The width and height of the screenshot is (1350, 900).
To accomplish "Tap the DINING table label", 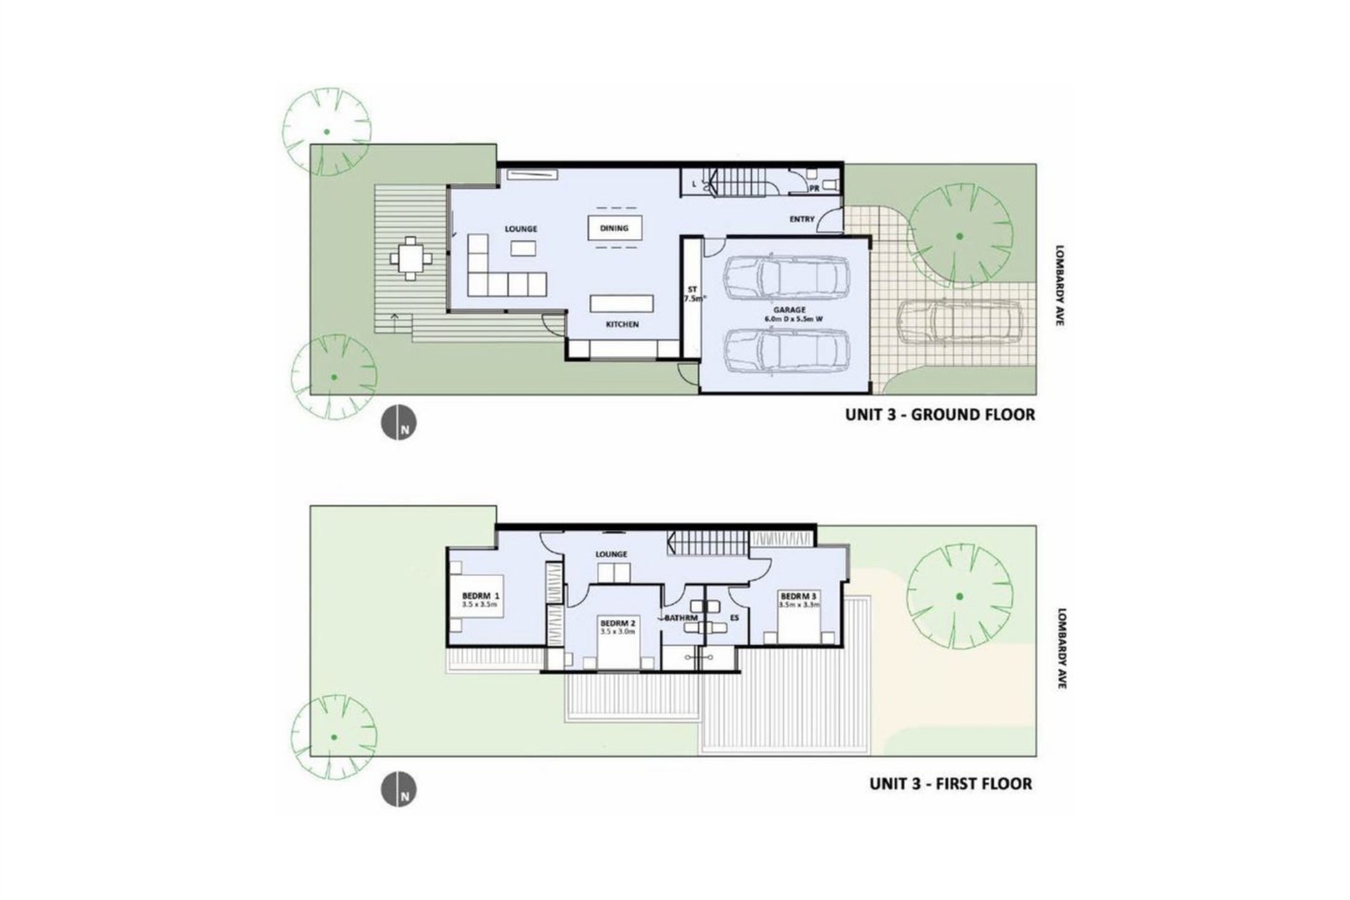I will [614, 227].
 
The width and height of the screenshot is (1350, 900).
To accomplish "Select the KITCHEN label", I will [622, 324].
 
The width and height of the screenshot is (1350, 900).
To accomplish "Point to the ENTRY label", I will [802, 219].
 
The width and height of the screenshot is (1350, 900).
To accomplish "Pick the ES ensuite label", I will [734, 617].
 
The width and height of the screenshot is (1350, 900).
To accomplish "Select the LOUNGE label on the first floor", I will [611, 554].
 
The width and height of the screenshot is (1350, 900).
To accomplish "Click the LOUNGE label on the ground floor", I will [521, 228].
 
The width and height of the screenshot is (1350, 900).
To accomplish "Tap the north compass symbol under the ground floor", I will [399, 422].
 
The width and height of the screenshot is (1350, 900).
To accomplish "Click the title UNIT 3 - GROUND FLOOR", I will [940, 414].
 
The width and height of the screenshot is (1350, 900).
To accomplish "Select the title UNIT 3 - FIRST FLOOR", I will [951, 783].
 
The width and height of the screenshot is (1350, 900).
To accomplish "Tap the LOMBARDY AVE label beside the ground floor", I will [1059, 284].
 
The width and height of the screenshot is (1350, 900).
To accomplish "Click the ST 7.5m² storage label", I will [692, 293].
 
